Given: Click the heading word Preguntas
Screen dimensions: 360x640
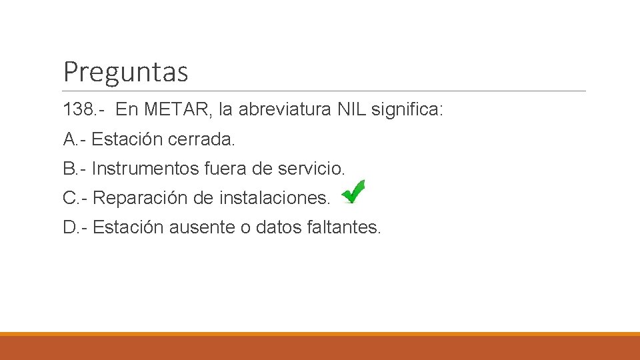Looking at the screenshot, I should tap(125, 71).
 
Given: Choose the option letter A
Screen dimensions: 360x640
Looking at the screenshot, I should tap(69, 139).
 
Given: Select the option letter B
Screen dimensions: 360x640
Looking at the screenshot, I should tap(69, 169).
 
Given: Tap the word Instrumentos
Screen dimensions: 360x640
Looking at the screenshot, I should tap(145, 169).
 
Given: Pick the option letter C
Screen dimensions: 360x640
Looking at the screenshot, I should tap(70, 198).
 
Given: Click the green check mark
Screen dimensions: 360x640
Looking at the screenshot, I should tap(353, 192).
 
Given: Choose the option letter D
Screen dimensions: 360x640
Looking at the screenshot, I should tap(70, 227).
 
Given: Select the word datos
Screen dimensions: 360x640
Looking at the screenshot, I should tap(279, 227).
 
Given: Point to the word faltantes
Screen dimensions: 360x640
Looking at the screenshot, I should tap(344, 227).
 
